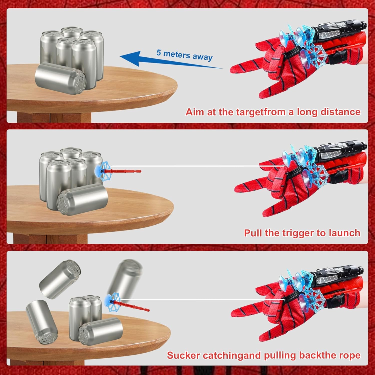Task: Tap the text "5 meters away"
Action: (x=184, y=55)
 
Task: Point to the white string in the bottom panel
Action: (x=202, y=299)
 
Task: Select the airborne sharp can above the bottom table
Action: (x=60, y=279)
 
